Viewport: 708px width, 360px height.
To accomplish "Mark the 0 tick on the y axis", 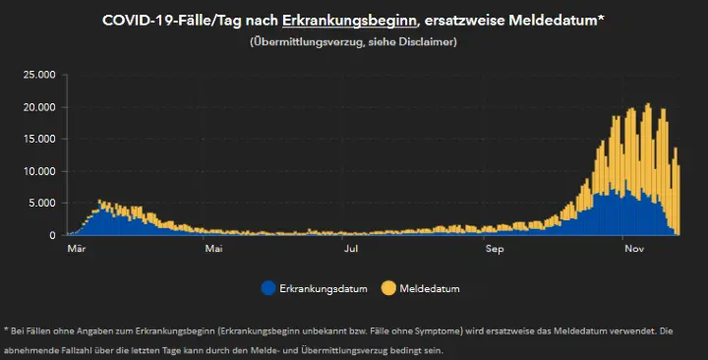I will [51, 236].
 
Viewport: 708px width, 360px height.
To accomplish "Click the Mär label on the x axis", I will [78, 250].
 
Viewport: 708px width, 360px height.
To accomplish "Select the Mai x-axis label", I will [213, 250].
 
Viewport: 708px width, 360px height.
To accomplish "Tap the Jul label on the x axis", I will [351, 250].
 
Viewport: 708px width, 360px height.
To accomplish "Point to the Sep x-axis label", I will [495, 250].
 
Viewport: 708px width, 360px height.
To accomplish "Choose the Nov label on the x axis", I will [634, 250].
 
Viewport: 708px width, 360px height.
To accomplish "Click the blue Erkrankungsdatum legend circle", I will [267, 289].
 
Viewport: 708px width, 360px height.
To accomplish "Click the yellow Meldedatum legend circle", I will [388, 289].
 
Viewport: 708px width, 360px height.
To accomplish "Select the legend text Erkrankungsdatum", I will [324, 289].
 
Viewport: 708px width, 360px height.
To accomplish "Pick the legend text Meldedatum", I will [430, 289].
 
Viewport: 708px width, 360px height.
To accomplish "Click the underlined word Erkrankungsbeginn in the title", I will [341, 20].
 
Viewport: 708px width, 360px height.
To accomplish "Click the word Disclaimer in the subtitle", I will [425, 42].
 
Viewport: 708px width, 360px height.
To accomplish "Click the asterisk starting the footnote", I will [7, 329].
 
